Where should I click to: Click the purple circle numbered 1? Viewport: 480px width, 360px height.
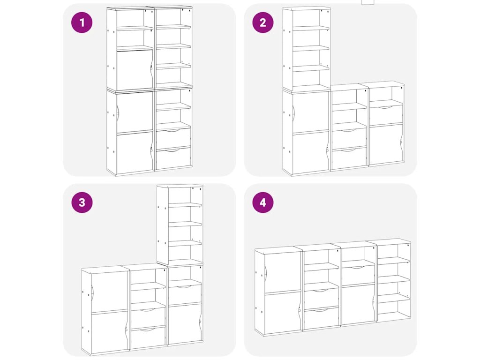point(82,22)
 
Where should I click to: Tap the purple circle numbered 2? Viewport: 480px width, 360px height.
point(263,22)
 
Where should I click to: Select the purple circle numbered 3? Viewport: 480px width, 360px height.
point(82,202)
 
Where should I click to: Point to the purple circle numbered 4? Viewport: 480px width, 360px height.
point(263,202)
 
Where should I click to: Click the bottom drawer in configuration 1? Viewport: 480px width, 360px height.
point(173,158)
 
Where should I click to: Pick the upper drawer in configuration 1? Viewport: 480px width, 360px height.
point(173,139)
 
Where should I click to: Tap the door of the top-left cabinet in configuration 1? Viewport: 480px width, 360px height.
point(135,70)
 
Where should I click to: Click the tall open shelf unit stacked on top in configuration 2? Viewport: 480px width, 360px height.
point(307,49)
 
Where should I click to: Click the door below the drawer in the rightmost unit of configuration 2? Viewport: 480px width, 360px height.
point(386,144)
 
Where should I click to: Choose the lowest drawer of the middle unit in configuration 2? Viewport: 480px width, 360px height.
point(349,158)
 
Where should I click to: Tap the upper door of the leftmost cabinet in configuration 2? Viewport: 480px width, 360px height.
point(311,112)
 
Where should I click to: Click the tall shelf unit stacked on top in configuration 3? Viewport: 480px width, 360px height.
point(180,225)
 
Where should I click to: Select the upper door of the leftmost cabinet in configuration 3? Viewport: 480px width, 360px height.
point(109,292)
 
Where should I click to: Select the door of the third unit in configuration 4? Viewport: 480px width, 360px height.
point(358,305)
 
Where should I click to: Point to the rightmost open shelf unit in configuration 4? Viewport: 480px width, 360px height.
point(394,280)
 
